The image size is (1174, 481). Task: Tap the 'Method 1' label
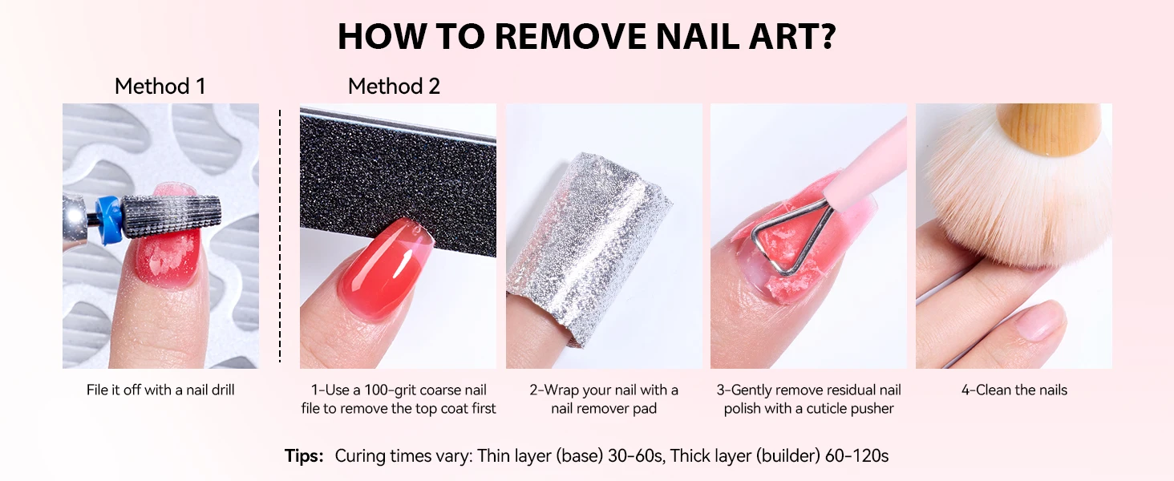pyautogui.click(x=160, y=87)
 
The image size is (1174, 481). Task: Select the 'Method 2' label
pyautogui.click(x=394, y=87)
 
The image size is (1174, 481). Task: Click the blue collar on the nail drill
pyautogui.click(x=110, y=220)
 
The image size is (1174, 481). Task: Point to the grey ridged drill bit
pyautogui.click(x=170, y=216)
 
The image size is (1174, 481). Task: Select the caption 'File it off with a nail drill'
pyautogui.click(x=160, y=390)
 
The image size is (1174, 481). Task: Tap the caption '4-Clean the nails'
pyautogui.click(x=1014, y=390)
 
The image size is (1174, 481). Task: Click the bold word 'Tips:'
pyautogui.click(x=304, y=456)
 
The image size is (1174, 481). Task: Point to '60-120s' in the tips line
pyautogui.click(x=856, y=456)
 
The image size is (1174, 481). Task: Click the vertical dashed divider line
pyautogui.click(x=280, y=236)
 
